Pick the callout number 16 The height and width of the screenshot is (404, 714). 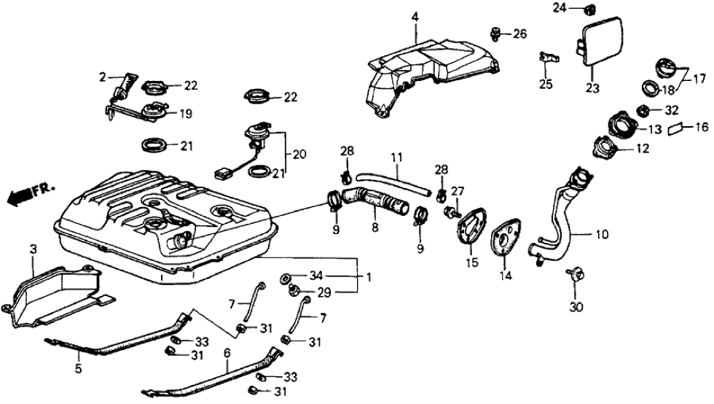[x=702, y=126]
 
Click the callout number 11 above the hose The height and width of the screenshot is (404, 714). [x=396, y=157]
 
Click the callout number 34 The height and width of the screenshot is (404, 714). [x=315, y=275]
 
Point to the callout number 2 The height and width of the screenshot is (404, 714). [x=103, y=75]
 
